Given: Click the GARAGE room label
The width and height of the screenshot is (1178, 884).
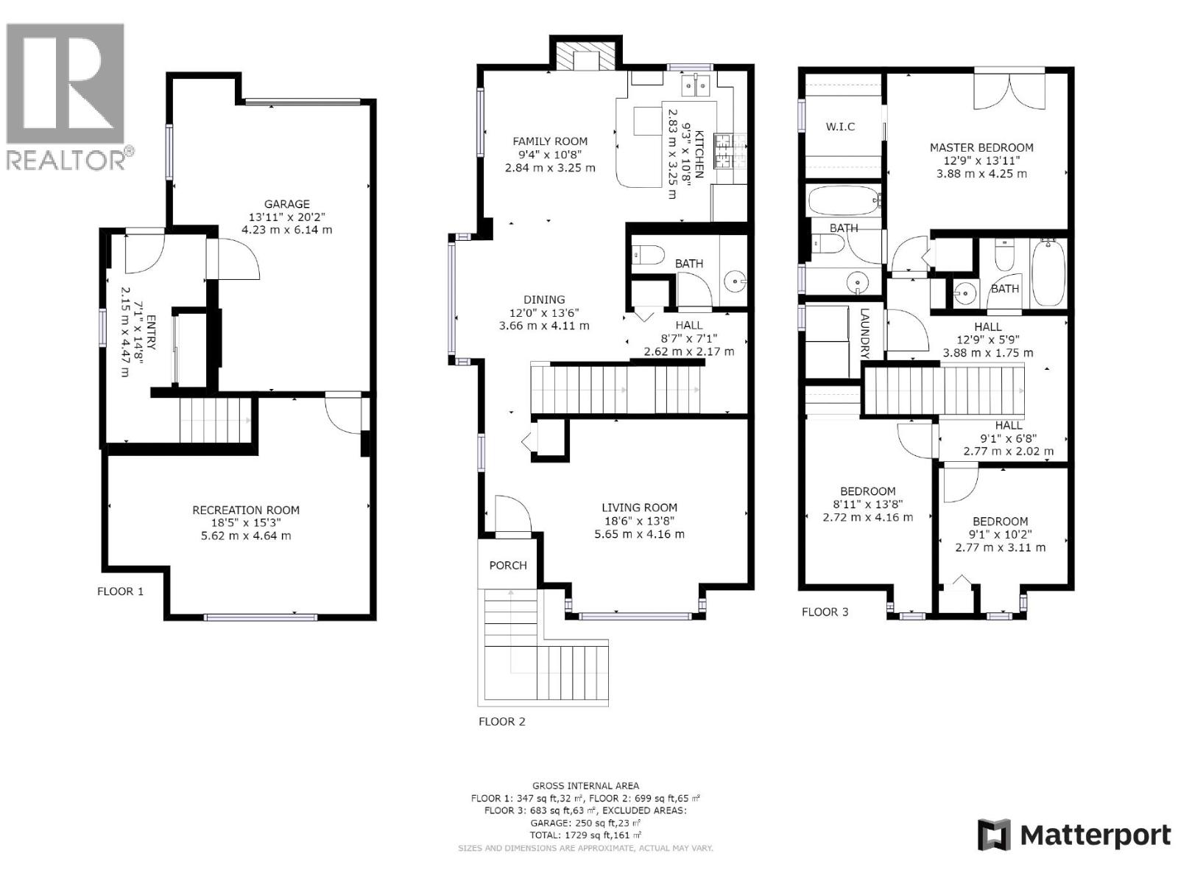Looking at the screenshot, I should click(x=286, y=204).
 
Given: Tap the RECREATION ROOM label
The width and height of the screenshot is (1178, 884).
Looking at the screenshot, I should click(x=246, y=510).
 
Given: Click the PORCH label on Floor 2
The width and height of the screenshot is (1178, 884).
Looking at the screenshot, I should click(x=508, y=565).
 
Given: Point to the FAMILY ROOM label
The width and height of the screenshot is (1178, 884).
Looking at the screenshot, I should click(x=550, y=141).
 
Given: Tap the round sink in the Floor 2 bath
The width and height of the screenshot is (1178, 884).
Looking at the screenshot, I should click(x=734, y=280).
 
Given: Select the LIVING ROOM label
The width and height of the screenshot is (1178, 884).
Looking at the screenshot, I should click(x=639, y=508).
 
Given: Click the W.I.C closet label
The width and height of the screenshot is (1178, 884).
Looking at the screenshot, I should click(x=840, y=127).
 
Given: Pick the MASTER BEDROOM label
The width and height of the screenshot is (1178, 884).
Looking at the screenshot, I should click(x=981, y=147).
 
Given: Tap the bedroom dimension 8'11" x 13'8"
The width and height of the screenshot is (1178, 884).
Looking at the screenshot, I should click(x=867, y=505).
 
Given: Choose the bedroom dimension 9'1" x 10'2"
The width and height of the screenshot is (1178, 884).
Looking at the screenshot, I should click(x=1000, y=534).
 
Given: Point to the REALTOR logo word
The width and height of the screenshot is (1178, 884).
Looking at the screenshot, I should click(x=66, y=161).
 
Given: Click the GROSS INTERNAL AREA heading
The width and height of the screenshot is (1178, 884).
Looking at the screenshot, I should click(x=585, y=785).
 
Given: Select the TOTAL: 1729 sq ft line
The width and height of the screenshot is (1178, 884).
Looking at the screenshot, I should click(x=585, y=835).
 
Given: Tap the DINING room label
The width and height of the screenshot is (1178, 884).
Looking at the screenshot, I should click(x=544, y=300).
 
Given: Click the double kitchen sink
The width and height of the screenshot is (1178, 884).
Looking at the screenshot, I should click(x=696, y=85).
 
